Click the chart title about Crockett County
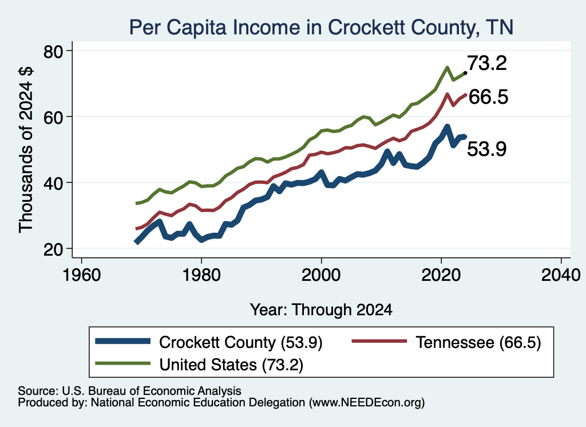coord(321,27)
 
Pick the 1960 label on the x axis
coord(81,275)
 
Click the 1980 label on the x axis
coord(201,275)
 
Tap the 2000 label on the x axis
coord(321,275)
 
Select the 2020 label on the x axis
coord(441,275)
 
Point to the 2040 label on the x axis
coord(561,275)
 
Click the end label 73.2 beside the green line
coord(487,63)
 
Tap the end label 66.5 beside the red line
coord(488,97)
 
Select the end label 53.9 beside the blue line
coord(487,149)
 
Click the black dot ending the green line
coord(465,73)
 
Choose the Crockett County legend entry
coord(208,342)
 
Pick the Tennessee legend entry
coord(446,342)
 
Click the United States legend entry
coord(199,365)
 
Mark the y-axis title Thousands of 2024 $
coord(26,150)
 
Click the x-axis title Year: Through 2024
coord(321,310)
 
